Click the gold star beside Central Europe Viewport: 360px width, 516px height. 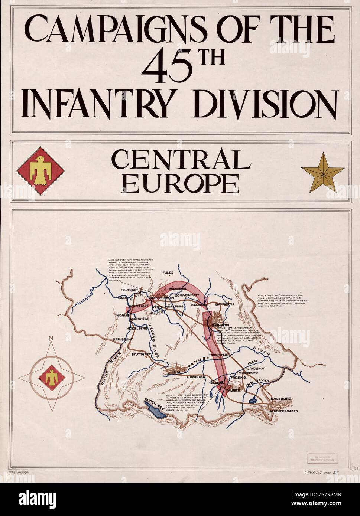322,172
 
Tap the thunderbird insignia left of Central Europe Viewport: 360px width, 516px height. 40,171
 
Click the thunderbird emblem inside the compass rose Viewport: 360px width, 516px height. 51,378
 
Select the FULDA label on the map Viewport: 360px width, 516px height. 168,273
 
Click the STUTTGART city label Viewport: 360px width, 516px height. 141,355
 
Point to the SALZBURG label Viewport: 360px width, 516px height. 281,399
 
